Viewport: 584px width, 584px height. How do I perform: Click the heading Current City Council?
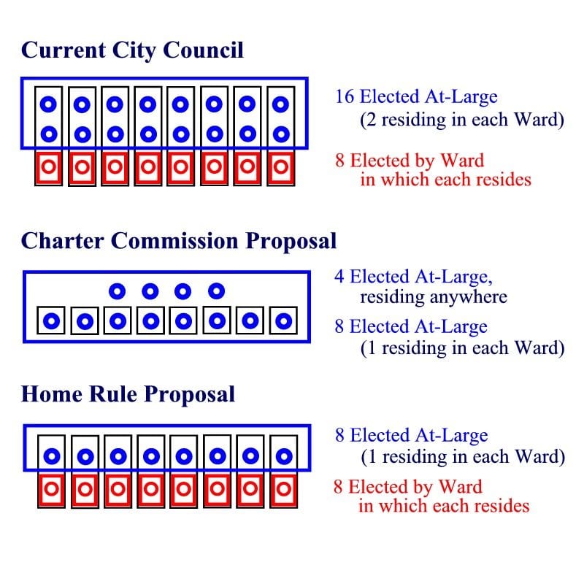(132, 50)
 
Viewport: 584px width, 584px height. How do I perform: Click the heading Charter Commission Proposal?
(179, 241)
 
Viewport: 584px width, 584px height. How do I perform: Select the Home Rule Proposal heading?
(128, 394)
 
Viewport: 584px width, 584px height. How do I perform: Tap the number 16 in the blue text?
(344, 96)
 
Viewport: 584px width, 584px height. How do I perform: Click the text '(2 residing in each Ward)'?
(462, 120)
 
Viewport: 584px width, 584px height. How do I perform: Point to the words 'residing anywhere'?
(434, 297)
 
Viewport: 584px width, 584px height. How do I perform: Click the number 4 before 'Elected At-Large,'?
(339, 277)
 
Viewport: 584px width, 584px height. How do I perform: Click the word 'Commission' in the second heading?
(174, 241)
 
